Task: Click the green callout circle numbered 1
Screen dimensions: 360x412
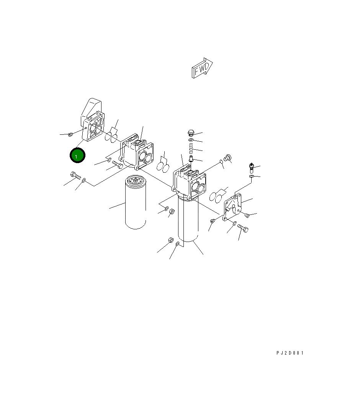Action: pos(77,155)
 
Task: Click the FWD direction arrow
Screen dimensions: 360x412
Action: pos(202,68)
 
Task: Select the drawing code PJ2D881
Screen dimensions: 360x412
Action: pos(290,353)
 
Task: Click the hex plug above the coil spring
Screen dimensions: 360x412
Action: pos(191,133)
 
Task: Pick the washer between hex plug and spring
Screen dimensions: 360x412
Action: pos(191,139)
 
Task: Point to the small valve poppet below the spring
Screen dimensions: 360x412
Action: pos(191,159)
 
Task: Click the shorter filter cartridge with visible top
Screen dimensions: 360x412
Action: pos(136,202)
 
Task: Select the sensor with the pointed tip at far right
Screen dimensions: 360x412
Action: pos(252,168)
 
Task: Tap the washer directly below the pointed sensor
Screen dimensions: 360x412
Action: pos(252,176)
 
